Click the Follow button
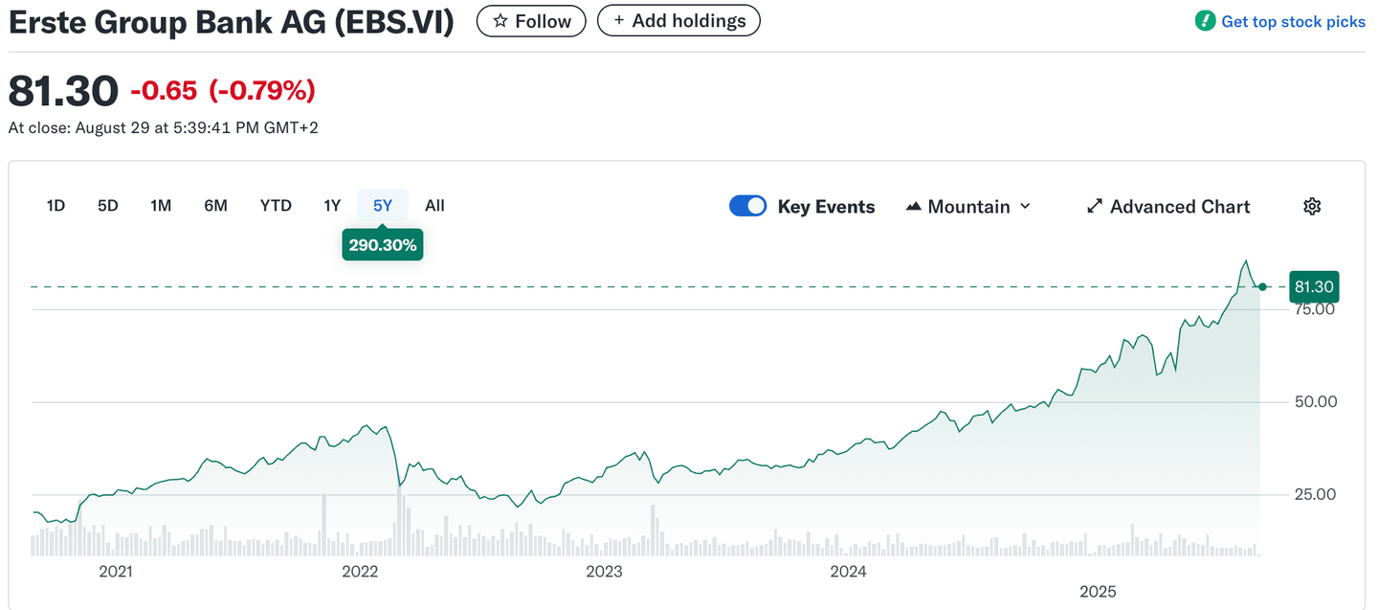click(531, 21)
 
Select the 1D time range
click(56, 205)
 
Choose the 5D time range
click(108, 205)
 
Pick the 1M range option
click(161, 205)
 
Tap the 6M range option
click(215, 205)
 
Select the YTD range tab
click(276, 205)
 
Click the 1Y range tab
click(332, 205)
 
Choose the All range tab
click(434, 205)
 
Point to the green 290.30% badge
click(383, 245)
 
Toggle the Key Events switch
click(747, 206)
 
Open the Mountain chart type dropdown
click(967, 207)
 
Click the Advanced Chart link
click(1168, 207)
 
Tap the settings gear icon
click(1312, 207)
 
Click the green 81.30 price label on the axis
click(1314, 286)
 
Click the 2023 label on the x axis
click(604, 572)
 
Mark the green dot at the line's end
click(1263, 286)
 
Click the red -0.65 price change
click(164, 91)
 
